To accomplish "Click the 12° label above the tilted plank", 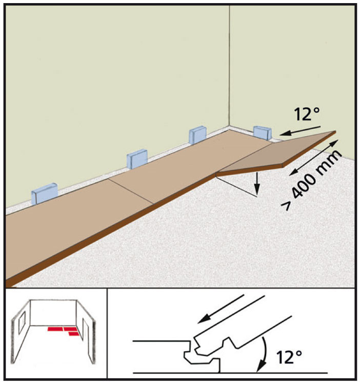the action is (x=307, y=114).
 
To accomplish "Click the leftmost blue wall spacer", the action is (x=44, y=194).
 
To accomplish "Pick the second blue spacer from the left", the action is (x=137, y=159).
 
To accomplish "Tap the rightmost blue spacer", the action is (x=263, y=133).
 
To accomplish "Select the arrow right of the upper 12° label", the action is (x=300, y=130).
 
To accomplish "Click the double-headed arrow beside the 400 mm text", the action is (x=314, y=157).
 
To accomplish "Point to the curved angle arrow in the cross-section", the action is (x=264, y=354).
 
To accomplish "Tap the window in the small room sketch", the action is (x=22, y=323).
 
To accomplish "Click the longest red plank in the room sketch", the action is (x=55, y=329).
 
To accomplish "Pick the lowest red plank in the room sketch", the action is (x=74, y=334).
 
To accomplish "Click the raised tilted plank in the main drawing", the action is (x=276, y=154).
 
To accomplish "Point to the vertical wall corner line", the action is (x=229, y=66).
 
